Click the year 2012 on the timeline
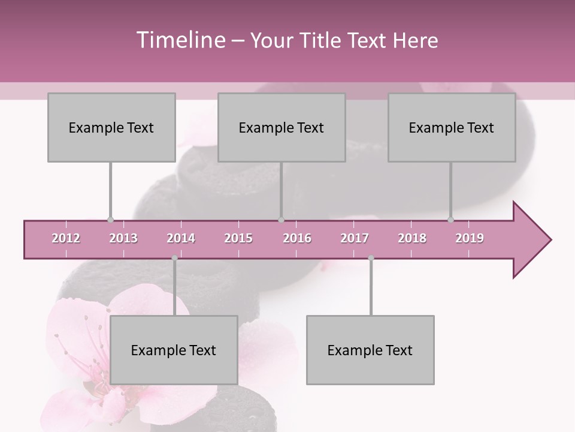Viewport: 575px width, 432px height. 66,238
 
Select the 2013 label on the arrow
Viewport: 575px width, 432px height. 123,238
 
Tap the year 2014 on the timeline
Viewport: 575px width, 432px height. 181,238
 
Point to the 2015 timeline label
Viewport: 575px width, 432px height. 238,238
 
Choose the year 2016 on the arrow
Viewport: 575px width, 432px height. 297,238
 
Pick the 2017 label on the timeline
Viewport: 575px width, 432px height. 355,238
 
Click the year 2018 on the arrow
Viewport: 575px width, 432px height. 412,238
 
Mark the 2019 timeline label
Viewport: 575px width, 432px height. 470,238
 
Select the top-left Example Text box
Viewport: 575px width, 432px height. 111,127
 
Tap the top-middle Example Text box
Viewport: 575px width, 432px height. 282,127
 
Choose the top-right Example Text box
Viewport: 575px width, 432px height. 452,127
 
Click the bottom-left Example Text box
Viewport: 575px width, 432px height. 174,350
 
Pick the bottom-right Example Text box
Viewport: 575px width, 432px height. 370,350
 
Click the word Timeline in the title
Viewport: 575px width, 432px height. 179,40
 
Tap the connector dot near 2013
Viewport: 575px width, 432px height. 110,220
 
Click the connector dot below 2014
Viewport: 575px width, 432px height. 174,258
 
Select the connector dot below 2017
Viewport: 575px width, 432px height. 371,258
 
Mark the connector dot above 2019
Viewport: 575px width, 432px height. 450,220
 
